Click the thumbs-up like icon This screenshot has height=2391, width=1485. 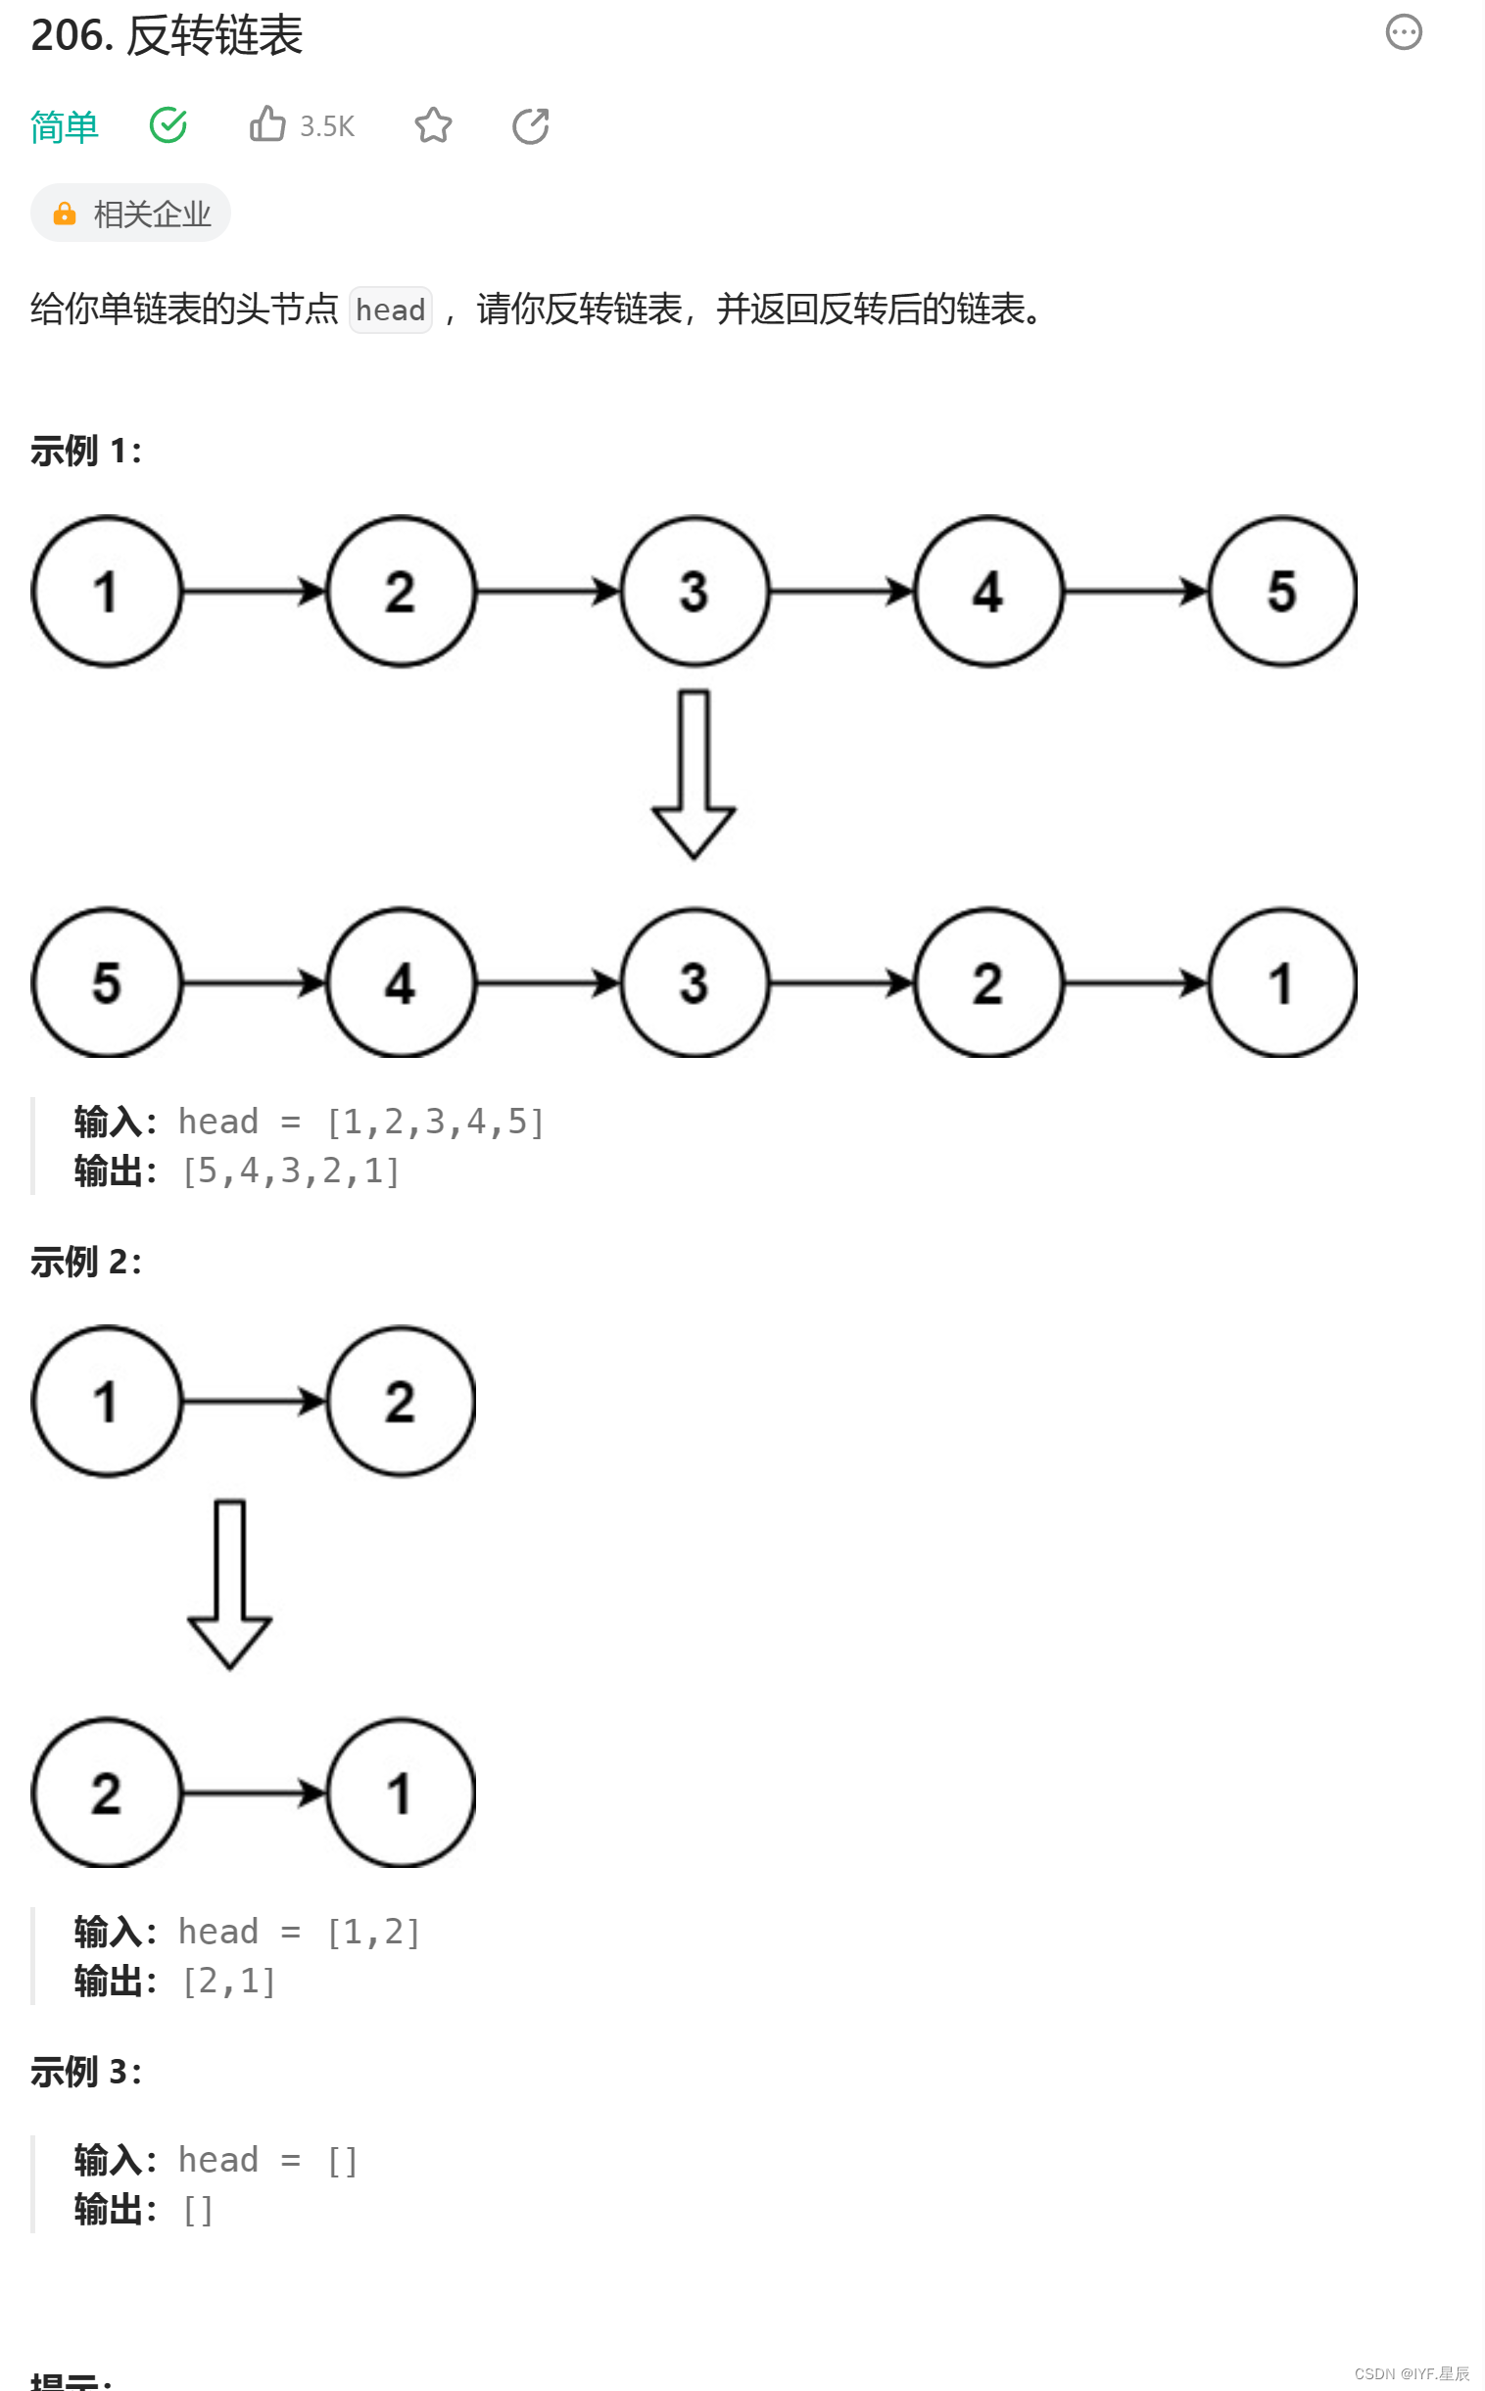267,124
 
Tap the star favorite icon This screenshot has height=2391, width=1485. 433,125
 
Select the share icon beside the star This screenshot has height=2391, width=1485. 530,125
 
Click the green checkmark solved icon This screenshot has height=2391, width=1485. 168,124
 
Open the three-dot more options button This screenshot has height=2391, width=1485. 1403,32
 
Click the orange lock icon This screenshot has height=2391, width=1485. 65,215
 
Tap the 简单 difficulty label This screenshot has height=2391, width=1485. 65,126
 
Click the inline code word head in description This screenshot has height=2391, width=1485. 390,311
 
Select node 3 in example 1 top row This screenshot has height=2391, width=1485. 695,592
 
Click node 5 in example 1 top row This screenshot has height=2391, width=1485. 1281,592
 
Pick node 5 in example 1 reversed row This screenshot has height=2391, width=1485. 107,982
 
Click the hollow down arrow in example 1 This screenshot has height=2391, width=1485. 695,775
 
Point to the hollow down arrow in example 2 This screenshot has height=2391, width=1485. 230,1584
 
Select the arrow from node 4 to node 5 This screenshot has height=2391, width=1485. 1135,592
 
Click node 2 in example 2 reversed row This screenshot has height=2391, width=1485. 107,1793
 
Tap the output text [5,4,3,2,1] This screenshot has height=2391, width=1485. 291,1171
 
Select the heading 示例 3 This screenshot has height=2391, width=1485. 85,2072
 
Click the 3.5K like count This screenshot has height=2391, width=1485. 327,126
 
